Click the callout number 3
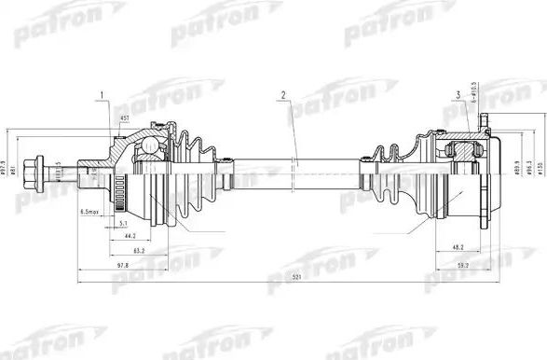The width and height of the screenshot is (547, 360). pos(459,94)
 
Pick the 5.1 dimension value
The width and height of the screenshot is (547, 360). pos(125,224)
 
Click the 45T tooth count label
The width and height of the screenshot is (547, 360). pos(125,118)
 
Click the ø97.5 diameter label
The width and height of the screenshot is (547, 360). pos(12,165)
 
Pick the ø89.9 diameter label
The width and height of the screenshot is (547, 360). pos(515,166)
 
